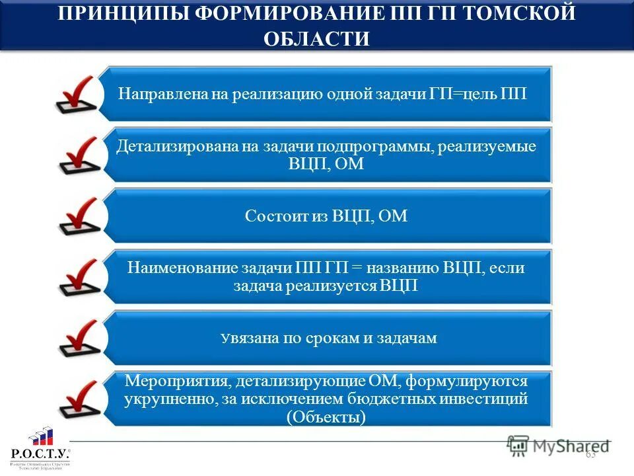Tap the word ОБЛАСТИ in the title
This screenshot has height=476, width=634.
tap(316, 38)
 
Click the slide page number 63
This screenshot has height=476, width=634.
tap(590, 454)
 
